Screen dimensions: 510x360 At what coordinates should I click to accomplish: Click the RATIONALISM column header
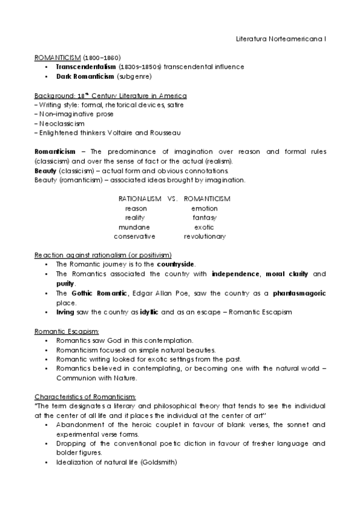coord(140,198)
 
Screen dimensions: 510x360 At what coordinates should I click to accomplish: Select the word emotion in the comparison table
coord(204,208)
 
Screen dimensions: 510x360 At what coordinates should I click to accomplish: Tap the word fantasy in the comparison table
coord(204,218)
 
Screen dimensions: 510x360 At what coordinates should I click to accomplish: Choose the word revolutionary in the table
coord(204,237)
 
